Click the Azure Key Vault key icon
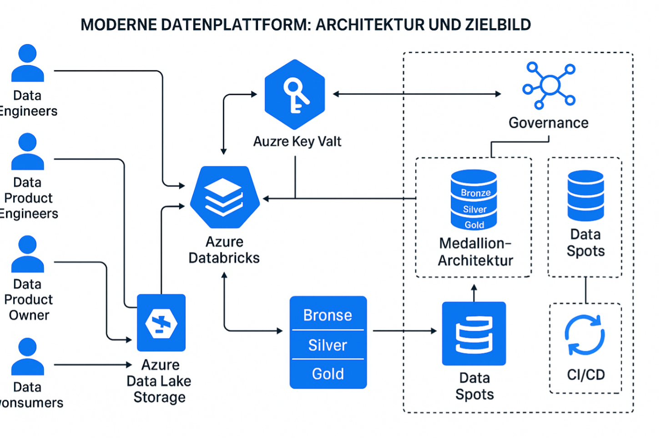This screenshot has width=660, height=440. pos(295,95)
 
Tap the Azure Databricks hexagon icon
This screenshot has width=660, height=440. pos(224,197)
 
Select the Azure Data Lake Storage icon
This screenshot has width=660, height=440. pos(161,323)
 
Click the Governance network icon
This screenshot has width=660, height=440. pos(549,85)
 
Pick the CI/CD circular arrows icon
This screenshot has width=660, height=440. pos(585,335)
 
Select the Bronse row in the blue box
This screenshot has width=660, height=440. pos(327,315)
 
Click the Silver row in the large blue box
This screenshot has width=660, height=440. pos(327,345)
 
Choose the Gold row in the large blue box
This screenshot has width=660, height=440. pos(327,374)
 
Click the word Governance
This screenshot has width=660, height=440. pos(548,123)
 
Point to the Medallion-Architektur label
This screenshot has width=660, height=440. pos(475,252)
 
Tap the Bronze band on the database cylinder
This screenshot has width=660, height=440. pos(475,193)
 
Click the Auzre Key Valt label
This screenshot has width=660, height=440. pos(297,141)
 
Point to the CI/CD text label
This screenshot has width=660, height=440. pos(586,375)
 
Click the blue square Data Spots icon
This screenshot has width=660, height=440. pos(474,333)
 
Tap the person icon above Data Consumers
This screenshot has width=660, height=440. pos(27,356)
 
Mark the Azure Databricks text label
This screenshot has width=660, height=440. pos(224,250)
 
